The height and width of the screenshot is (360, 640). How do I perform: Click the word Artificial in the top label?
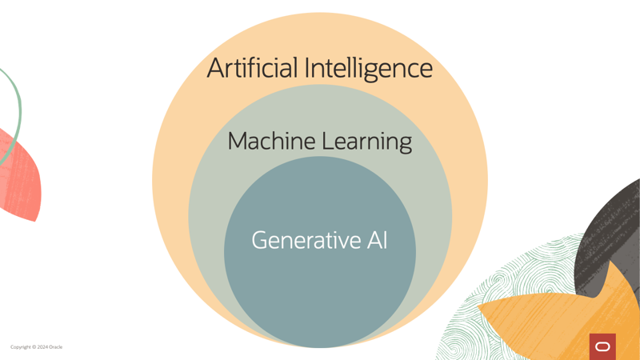point(252,68)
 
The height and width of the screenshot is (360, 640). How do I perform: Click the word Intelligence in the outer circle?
point(369,69)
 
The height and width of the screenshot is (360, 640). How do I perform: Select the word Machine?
point(271,142)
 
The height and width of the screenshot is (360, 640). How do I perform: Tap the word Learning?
point(366,142)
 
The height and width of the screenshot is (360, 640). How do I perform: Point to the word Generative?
point(306,240)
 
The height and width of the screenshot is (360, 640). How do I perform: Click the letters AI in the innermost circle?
point(377,240)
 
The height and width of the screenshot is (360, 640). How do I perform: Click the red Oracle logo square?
point(602,346)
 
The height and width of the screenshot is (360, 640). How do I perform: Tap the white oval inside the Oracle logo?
point(602,346)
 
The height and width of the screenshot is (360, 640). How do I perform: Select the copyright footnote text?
point(36,347)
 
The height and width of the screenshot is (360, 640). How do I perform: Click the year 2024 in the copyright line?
point(42,347)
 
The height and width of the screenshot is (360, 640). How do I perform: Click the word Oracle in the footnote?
point(56,347)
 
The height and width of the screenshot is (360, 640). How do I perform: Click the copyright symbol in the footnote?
point(34,347)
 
